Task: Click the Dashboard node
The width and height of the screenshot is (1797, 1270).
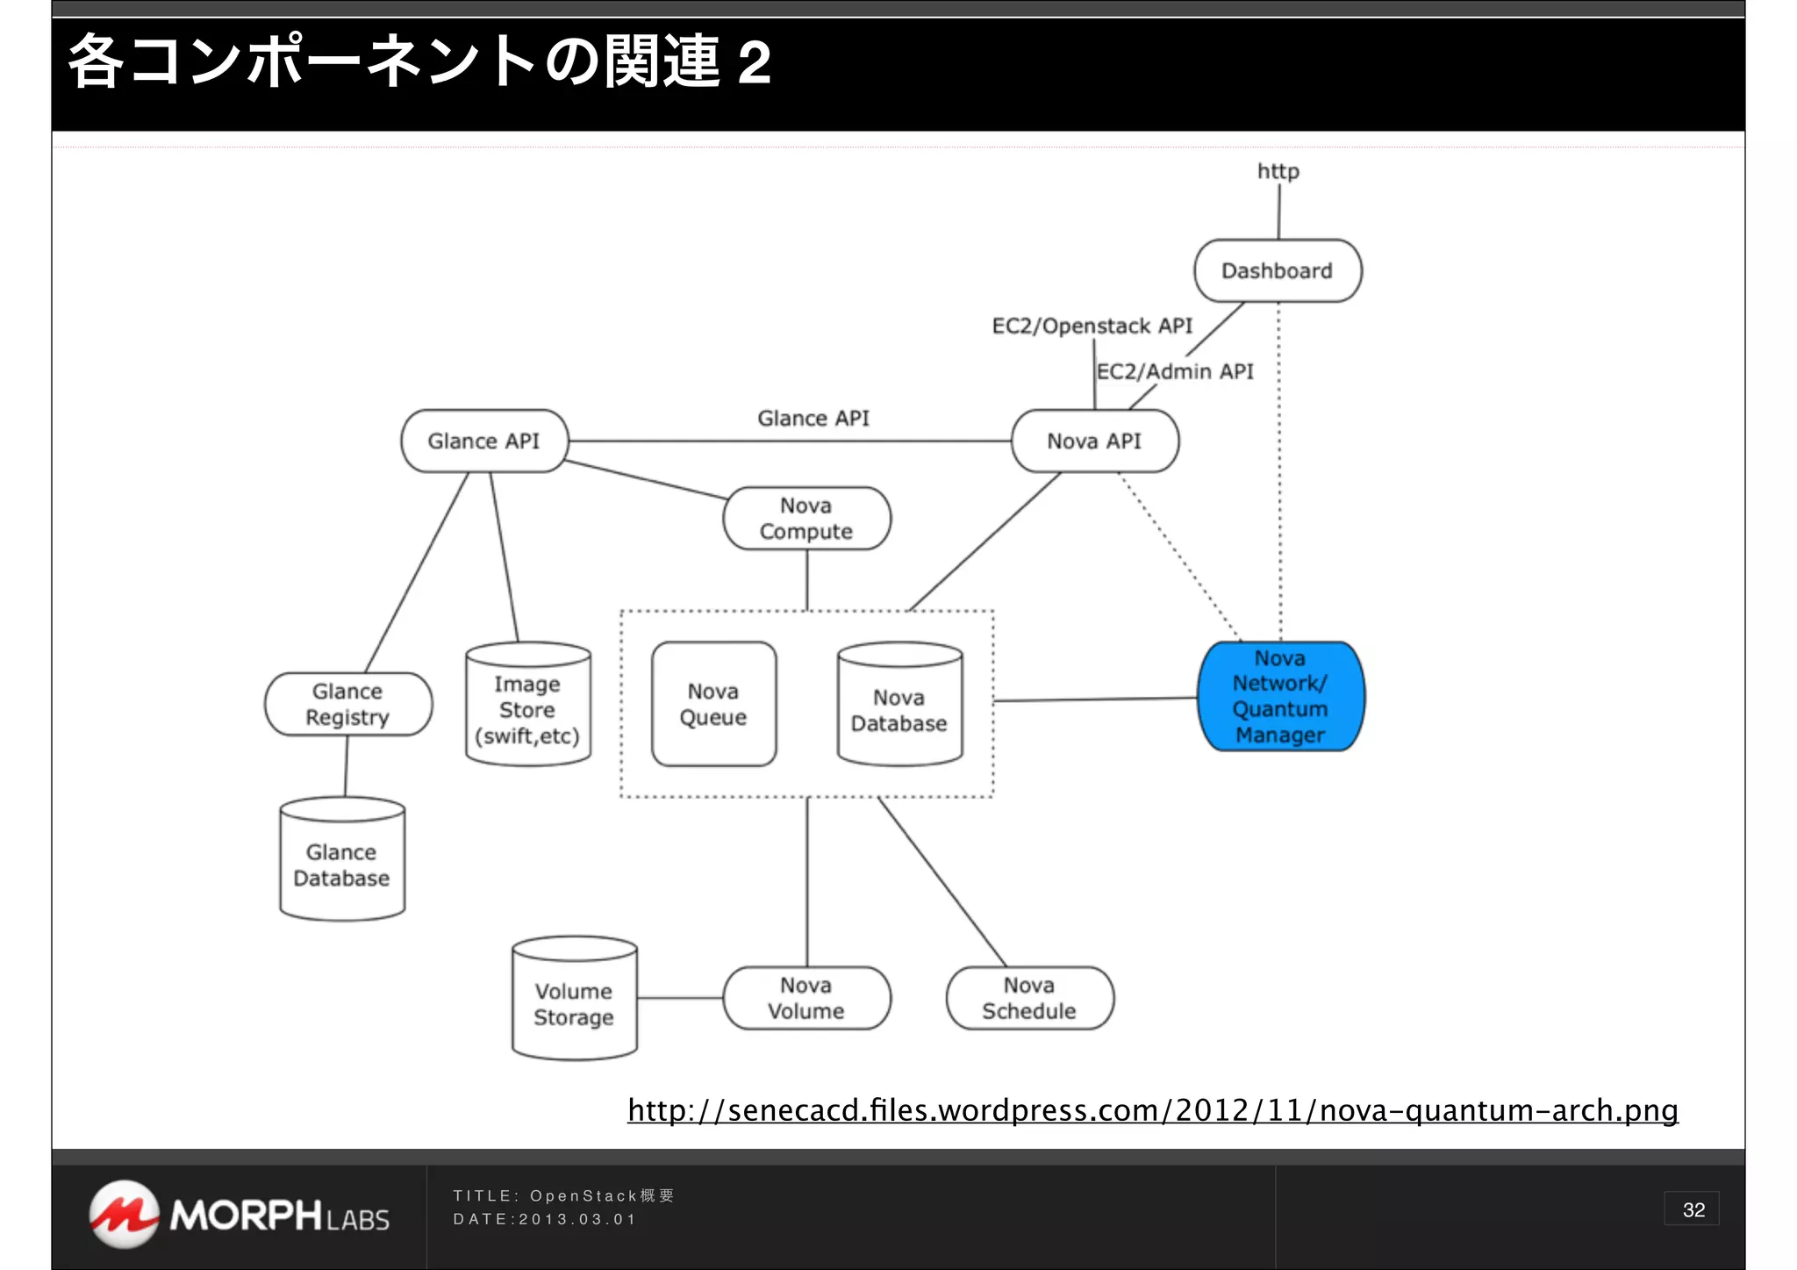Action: pyautogui.click(x=1277, y=271)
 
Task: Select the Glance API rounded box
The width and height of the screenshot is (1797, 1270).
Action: pyautogui.click(x=483, y=441)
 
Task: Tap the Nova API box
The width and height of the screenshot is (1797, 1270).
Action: pyautogui.click(x=1094, y=441)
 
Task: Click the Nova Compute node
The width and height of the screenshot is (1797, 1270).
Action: pyautogui.click(x=806, y=519)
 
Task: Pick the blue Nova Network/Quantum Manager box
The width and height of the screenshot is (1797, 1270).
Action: pyautogui.click(x=1280, y=696)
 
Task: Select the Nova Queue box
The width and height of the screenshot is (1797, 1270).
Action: pyautogui.click(x=713, y=704)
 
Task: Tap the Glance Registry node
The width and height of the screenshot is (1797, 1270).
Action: pyautogui.click(x=347, y=704)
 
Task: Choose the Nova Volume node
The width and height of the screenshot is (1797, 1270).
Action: pyautogui.click(x=806, y=998)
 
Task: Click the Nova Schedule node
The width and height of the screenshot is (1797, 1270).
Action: pyautogui.click(x=1029, y=998)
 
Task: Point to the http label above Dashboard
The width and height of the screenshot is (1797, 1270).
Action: pyautogui.click(x=1278, y=171)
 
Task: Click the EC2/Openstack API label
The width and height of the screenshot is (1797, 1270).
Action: pyautogui.click(x=1092, y=326)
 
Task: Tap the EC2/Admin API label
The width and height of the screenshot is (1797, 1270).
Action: pyautogui.click(x=1175, y=371)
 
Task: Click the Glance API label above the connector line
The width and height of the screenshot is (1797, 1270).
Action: pyautogui.click(x=813, y=418)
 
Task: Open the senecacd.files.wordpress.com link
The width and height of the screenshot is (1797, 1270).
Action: pyautogui.click(x=1152, y=1110)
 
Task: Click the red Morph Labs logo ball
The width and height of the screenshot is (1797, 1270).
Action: pyautogui.click(x=124, y=1214)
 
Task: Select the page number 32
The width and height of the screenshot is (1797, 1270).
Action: pyautogui.click(x=1693, y=1209)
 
